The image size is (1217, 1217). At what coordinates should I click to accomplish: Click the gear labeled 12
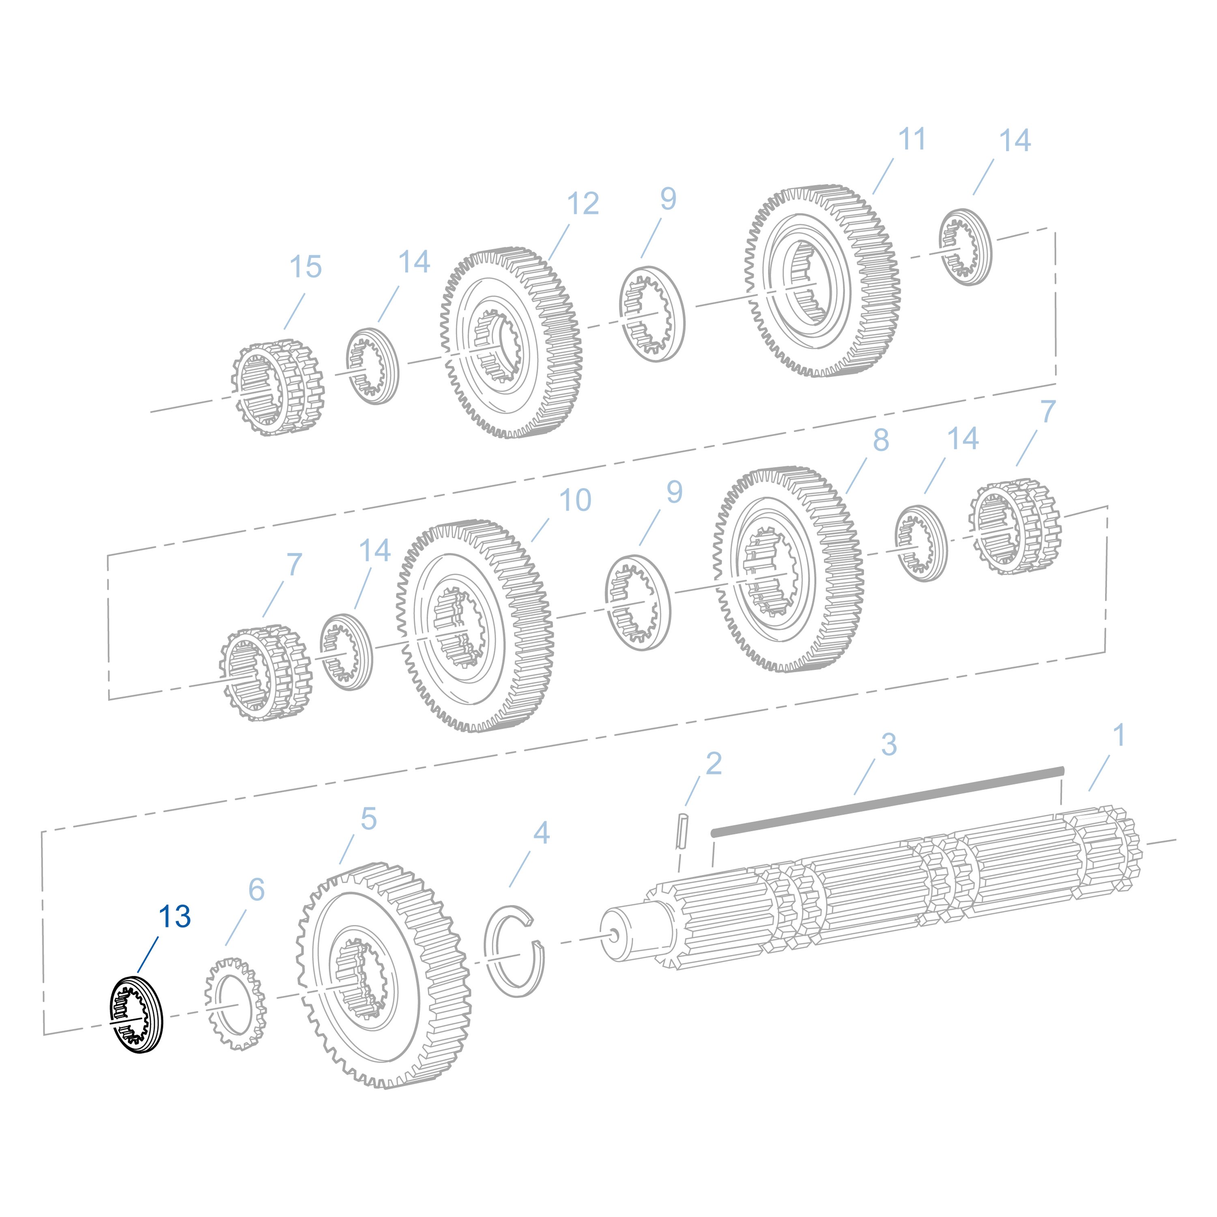pyautogui.click(x=510, y=343)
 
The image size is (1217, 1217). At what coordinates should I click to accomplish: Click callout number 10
pyautogui.click(x=575, y=500)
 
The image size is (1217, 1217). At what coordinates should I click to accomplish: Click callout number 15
pyautogui.click(x=305, y=267)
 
